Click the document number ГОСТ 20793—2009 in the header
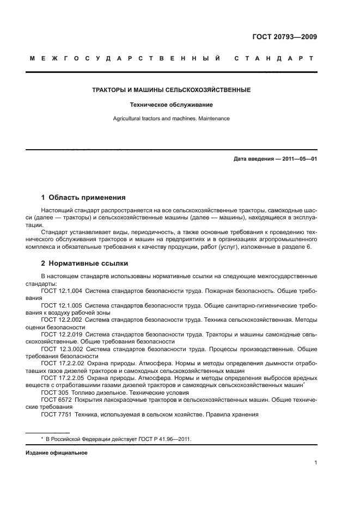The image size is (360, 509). point(284,37)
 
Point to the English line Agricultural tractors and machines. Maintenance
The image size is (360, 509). point(171,118)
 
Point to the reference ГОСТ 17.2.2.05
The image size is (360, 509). point(63,377)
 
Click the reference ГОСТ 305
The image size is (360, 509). point(53,392)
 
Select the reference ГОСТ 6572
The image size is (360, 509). point(55,400)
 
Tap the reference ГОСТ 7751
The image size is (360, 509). point(55,414)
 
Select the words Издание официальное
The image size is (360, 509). point(57,453)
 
